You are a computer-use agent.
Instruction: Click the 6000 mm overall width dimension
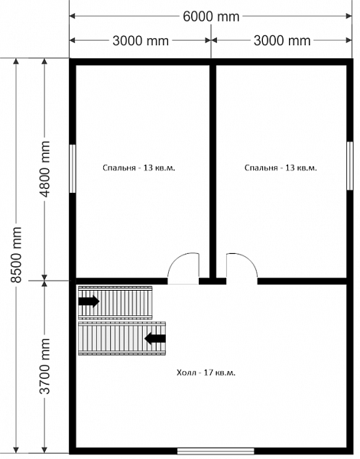[211, 16]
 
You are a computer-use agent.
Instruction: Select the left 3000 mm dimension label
[141, 41]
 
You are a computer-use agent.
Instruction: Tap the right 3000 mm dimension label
[282, 41]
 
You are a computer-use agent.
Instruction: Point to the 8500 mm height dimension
[16, 255]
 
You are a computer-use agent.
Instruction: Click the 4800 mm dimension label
[44, 169]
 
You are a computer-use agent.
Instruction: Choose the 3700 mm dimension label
[44, 366]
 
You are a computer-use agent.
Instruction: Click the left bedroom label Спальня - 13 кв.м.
[139, 168]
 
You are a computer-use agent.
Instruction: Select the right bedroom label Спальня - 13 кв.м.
[281, 168]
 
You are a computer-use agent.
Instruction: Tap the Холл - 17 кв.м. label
[206, 373]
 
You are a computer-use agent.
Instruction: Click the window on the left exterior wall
[73, 168]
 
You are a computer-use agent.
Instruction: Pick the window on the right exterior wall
[350, 166]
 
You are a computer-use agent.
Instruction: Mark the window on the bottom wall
[216, 451]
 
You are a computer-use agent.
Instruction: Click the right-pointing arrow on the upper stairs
[89, 301]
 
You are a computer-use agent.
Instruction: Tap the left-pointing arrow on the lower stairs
[155, 338]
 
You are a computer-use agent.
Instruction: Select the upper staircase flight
[115, 303]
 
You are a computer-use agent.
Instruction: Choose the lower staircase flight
[122, 338]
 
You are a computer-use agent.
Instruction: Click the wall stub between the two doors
[212, 282]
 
